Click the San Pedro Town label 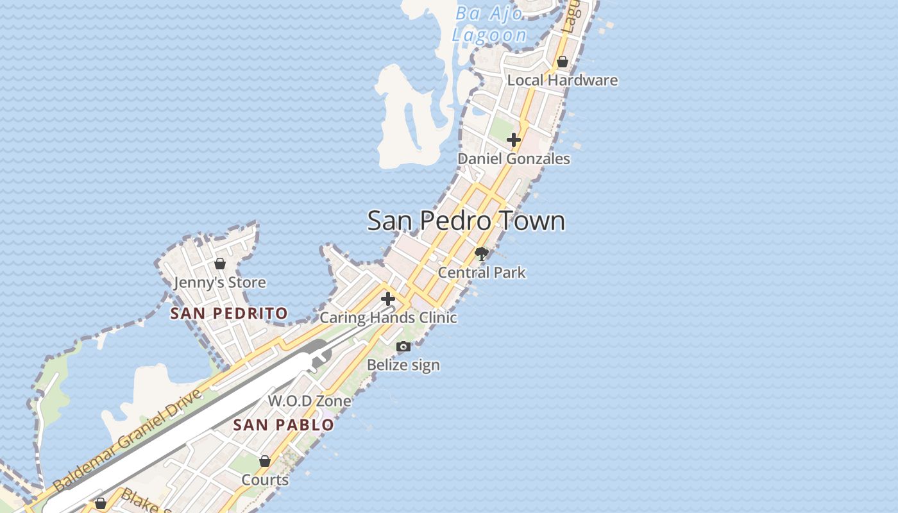[466, 221]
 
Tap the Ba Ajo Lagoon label [489, 24]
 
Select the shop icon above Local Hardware [563, 62]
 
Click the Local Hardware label [562, 80]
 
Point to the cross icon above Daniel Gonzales [513, 140]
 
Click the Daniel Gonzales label [513, 158]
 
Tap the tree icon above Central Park [481, 254]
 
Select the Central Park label [481, 273]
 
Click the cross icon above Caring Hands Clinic [387, 299]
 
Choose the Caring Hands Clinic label [387, 317]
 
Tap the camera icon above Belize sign [403, 347]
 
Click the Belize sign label [403, 365]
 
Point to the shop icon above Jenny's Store [220, 264]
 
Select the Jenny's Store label [219, 282]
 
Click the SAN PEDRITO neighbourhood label [228, 314]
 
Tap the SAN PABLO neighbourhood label [283, 425]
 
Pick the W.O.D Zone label [309, 401]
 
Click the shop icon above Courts [264, 461]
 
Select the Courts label [264, 480]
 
